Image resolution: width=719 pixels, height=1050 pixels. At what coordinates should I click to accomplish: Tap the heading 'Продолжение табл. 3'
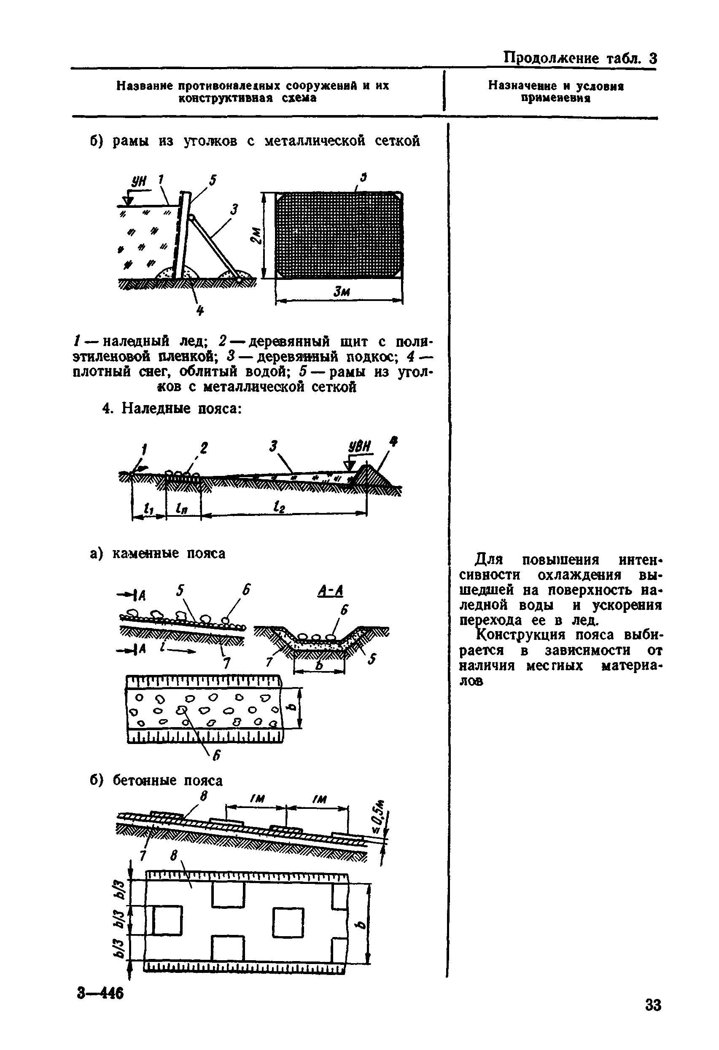580,58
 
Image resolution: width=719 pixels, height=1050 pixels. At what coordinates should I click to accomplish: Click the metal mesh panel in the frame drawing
339,235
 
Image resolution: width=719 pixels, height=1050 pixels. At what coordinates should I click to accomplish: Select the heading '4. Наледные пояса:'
172,408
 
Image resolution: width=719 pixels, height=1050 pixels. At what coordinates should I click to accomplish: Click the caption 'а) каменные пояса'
158,553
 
